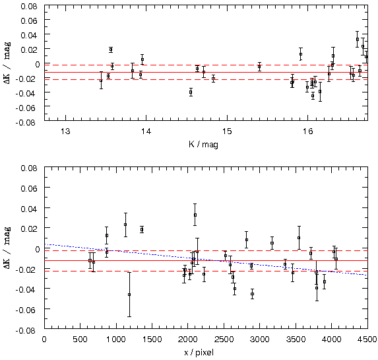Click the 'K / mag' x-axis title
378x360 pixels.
203,145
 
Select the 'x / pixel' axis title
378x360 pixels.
199,353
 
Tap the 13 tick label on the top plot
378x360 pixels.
65,131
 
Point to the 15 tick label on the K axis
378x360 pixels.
227,131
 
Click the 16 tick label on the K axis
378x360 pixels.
307,131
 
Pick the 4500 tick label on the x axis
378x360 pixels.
367,340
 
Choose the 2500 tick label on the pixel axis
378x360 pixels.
224,340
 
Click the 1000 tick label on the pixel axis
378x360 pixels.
116,340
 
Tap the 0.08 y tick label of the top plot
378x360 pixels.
29,6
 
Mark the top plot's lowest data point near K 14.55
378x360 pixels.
191,92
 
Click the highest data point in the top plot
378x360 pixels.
358,39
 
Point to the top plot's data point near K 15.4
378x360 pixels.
259,67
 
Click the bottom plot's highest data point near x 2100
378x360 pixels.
195,215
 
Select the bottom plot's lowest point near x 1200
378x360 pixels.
129,295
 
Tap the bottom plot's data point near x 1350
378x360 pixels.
142,230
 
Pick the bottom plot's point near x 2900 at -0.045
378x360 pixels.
252,294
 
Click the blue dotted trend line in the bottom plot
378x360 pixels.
206,260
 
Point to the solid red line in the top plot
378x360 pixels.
206,72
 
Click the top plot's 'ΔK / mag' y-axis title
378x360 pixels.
7,63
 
